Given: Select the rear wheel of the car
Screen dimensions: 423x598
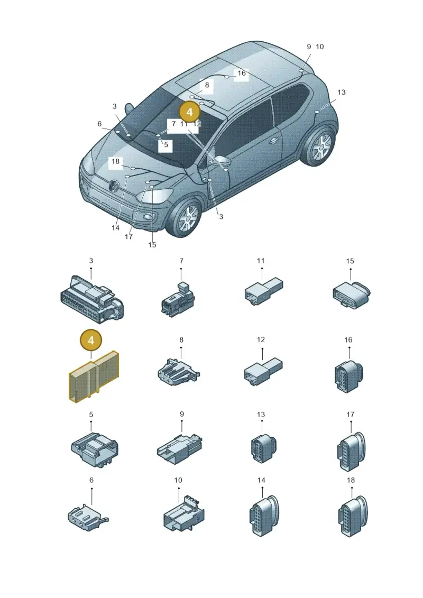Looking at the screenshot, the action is coord(320,146).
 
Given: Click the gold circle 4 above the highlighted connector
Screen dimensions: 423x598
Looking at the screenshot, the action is coord(91,340).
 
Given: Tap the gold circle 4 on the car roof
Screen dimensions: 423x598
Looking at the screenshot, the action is coord(190,112).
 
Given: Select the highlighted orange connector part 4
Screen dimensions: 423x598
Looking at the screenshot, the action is coord(94,377).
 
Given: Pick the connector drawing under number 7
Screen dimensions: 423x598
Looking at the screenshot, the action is coord(179,299).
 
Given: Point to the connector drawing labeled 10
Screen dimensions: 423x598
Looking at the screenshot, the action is coord(183,513).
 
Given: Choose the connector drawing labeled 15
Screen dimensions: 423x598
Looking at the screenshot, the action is coord(351,295).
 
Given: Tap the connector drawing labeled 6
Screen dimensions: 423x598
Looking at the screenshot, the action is coord(87,517).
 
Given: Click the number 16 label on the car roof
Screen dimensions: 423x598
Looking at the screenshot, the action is coord(242,73).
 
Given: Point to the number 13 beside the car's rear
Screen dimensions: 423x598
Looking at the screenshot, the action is coord(342,93).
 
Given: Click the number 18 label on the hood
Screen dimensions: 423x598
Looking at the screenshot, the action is coord(116,162).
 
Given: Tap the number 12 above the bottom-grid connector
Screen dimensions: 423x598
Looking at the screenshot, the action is coord(261,339).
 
